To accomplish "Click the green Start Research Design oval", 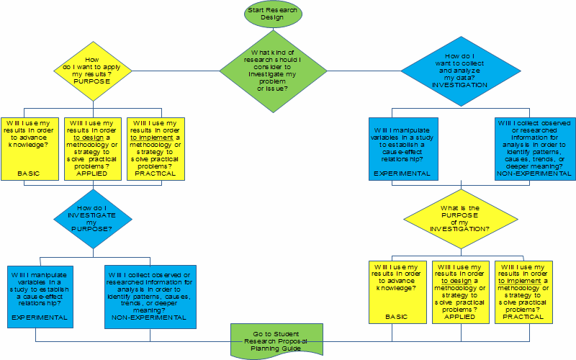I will [274, 14].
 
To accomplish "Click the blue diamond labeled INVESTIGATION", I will [459, 71].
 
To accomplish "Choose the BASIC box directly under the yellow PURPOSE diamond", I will [31, 148].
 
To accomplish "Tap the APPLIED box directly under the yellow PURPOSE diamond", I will [93, 148].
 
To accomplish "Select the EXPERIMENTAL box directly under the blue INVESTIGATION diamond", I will [402, 148].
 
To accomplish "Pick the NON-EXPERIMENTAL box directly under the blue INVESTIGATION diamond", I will [535, 148].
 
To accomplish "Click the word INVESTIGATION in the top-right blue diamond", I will [459, 85].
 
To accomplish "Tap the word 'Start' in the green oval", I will [258, 10].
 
